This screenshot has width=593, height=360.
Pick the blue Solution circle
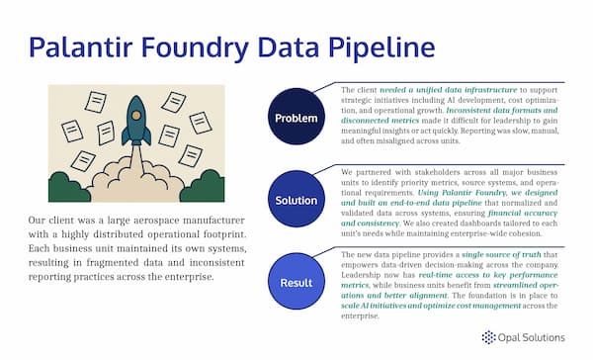295,201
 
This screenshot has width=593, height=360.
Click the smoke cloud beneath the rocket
136,178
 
